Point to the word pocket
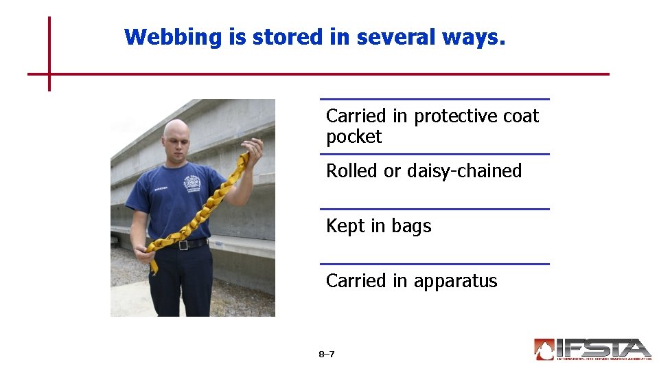pyautogui.click(x=354, y=137)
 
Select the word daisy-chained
pyautogui.click(x=464, y=171)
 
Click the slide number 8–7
pyautogui.click(x=327, y=355)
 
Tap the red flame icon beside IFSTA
pyautogui.click(x=544, y=349)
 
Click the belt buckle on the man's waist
pyautogui.click(x=183, y=245)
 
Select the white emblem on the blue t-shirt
pyautogui.click(x=192, y=183)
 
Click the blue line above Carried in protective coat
pyautogui.click(x=435, y=99)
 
